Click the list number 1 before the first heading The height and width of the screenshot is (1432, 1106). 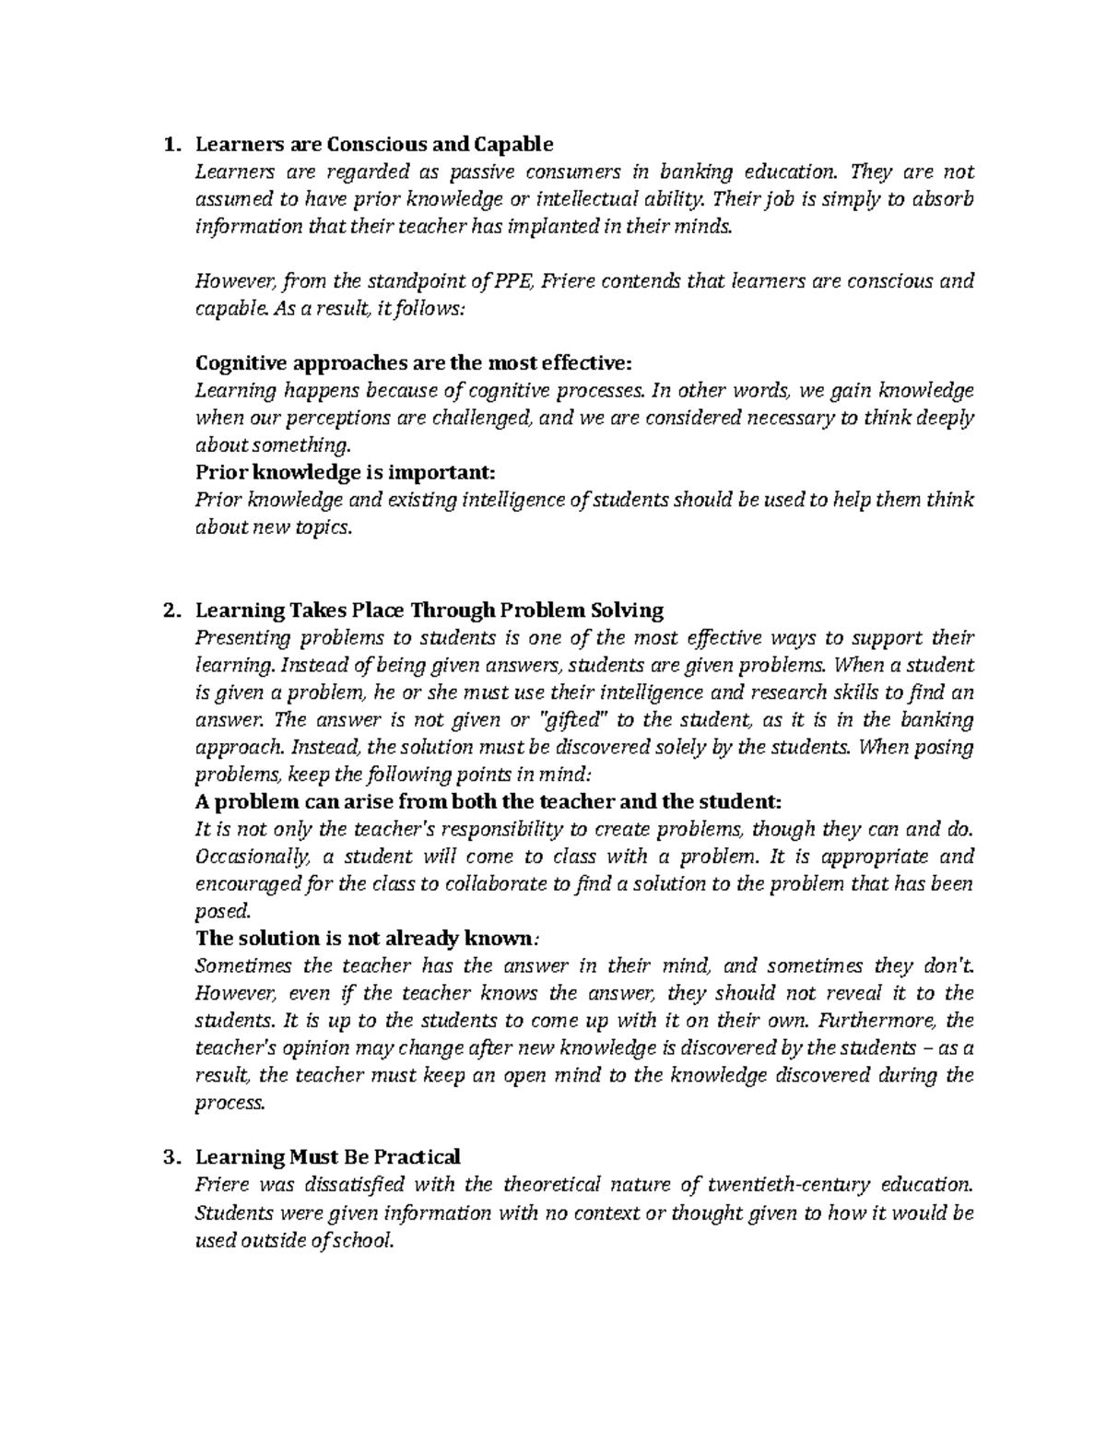167,145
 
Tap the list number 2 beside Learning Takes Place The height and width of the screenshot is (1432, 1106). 167,610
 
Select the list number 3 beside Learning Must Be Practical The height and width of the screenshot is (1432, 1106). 167,1156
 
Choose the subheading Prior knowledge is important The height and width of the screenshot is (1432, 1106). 346,472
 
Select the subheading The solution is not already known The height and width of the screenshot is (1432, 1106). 365,939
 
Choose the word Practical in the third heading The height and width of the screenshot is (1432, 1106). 415,1156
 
